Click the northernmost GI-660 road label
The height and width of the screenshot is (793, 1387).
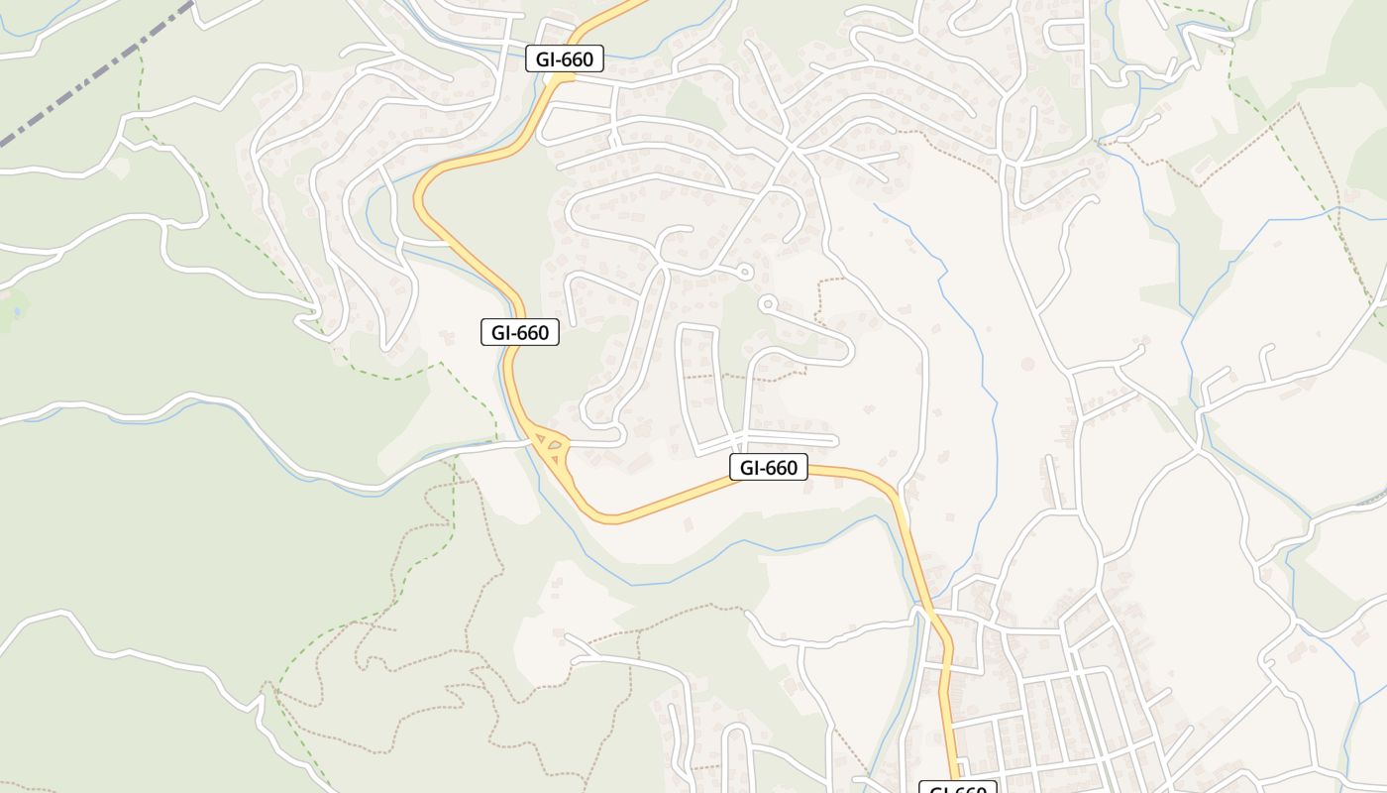(x=564, y=59)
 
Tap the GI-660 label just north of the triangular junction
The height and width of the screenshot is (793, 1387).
(x=520, y=332)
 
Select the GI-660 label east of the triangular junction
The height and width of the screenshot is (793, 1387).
(x=769, y=467)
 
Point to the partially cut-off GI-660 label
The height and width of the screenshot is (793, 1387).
(x=958, y=788)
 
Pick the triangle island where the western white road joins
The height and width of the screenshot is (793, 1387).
(x=541, y=437)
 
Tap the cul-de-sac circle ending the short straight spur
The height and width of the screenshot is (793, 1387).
(x=746, y=271)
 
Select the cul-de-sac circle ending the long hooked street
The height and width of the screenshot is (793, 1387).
(x=767, y=304)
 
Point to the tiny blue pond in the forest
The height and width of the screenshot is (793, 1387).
(x=14, y=313)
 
